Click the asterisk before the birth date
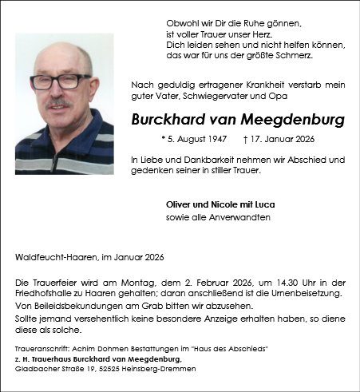(163, 140)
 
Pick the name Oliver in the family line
(178, 205)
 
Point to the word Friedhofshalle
(45, 294)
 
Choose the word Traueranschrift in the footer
(40, 350)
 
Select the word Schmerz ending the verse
(293, 56)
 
